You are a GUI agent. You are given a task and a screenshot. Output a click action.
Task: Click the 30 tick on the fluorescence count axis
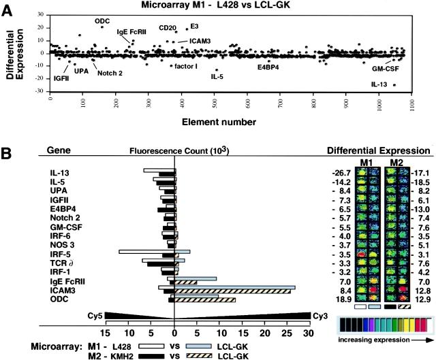pos(307,333)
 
